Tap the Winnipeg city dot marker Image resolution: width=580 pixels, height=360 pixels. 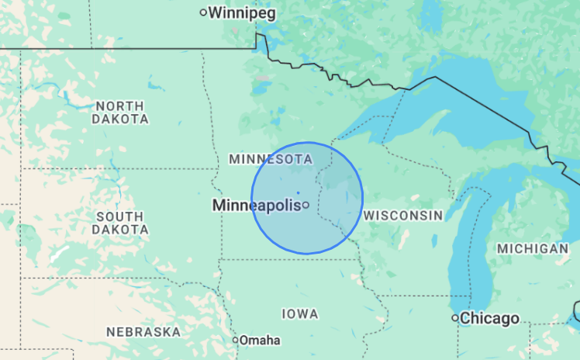pyautogui.click(x=204, y=12)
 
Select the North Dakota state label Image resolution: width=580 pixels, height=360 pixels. pyautogui.click(x=120, y=112)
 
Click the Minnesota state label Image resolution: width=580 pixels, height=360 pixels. pyautogui.click(x=271, y=159)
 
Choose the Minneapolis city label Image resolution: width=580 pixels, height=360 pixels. pyautogui.click(x=256, y=206)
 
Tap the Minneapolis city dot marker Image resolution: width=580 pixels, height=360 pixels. pyautogui.click(x=306, y=205)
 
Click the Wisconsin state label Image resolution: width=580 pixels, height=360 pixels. pyautogui.click(x=403, y=215)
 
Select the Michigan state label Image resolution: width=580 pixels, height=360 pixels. pyautogui.click(x=533, y=249)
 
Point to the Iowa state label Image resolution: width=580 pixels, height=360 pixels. pyautogui.click(x=300, y=314)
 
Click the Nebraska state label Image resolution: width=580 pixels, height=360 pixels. pyautogui.click(x=143, y=332)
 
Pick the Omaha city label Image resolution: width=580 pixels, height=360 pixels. pyautogui.click(x=260, y=341)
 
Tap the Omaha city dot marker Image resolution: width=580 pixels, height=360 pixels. pyautogui.click(x=236, y=340)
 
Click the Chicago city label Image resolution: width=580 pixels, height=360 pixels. pyautogui.click(x=489, y=318)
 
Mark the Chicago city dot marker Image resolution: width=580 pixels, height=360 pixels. pyautogui.click(x=456, y=318)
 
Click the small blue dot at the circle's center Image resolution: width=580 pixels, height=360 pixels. pyautogui.click(x=298, y=192)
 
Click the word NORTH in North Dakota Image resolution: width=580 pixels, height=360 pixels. pyautogui.click(x=119, y=106)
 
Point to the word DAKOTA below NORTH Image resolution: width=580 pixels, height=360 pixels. pyautogui.click(x=120, y=119)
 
